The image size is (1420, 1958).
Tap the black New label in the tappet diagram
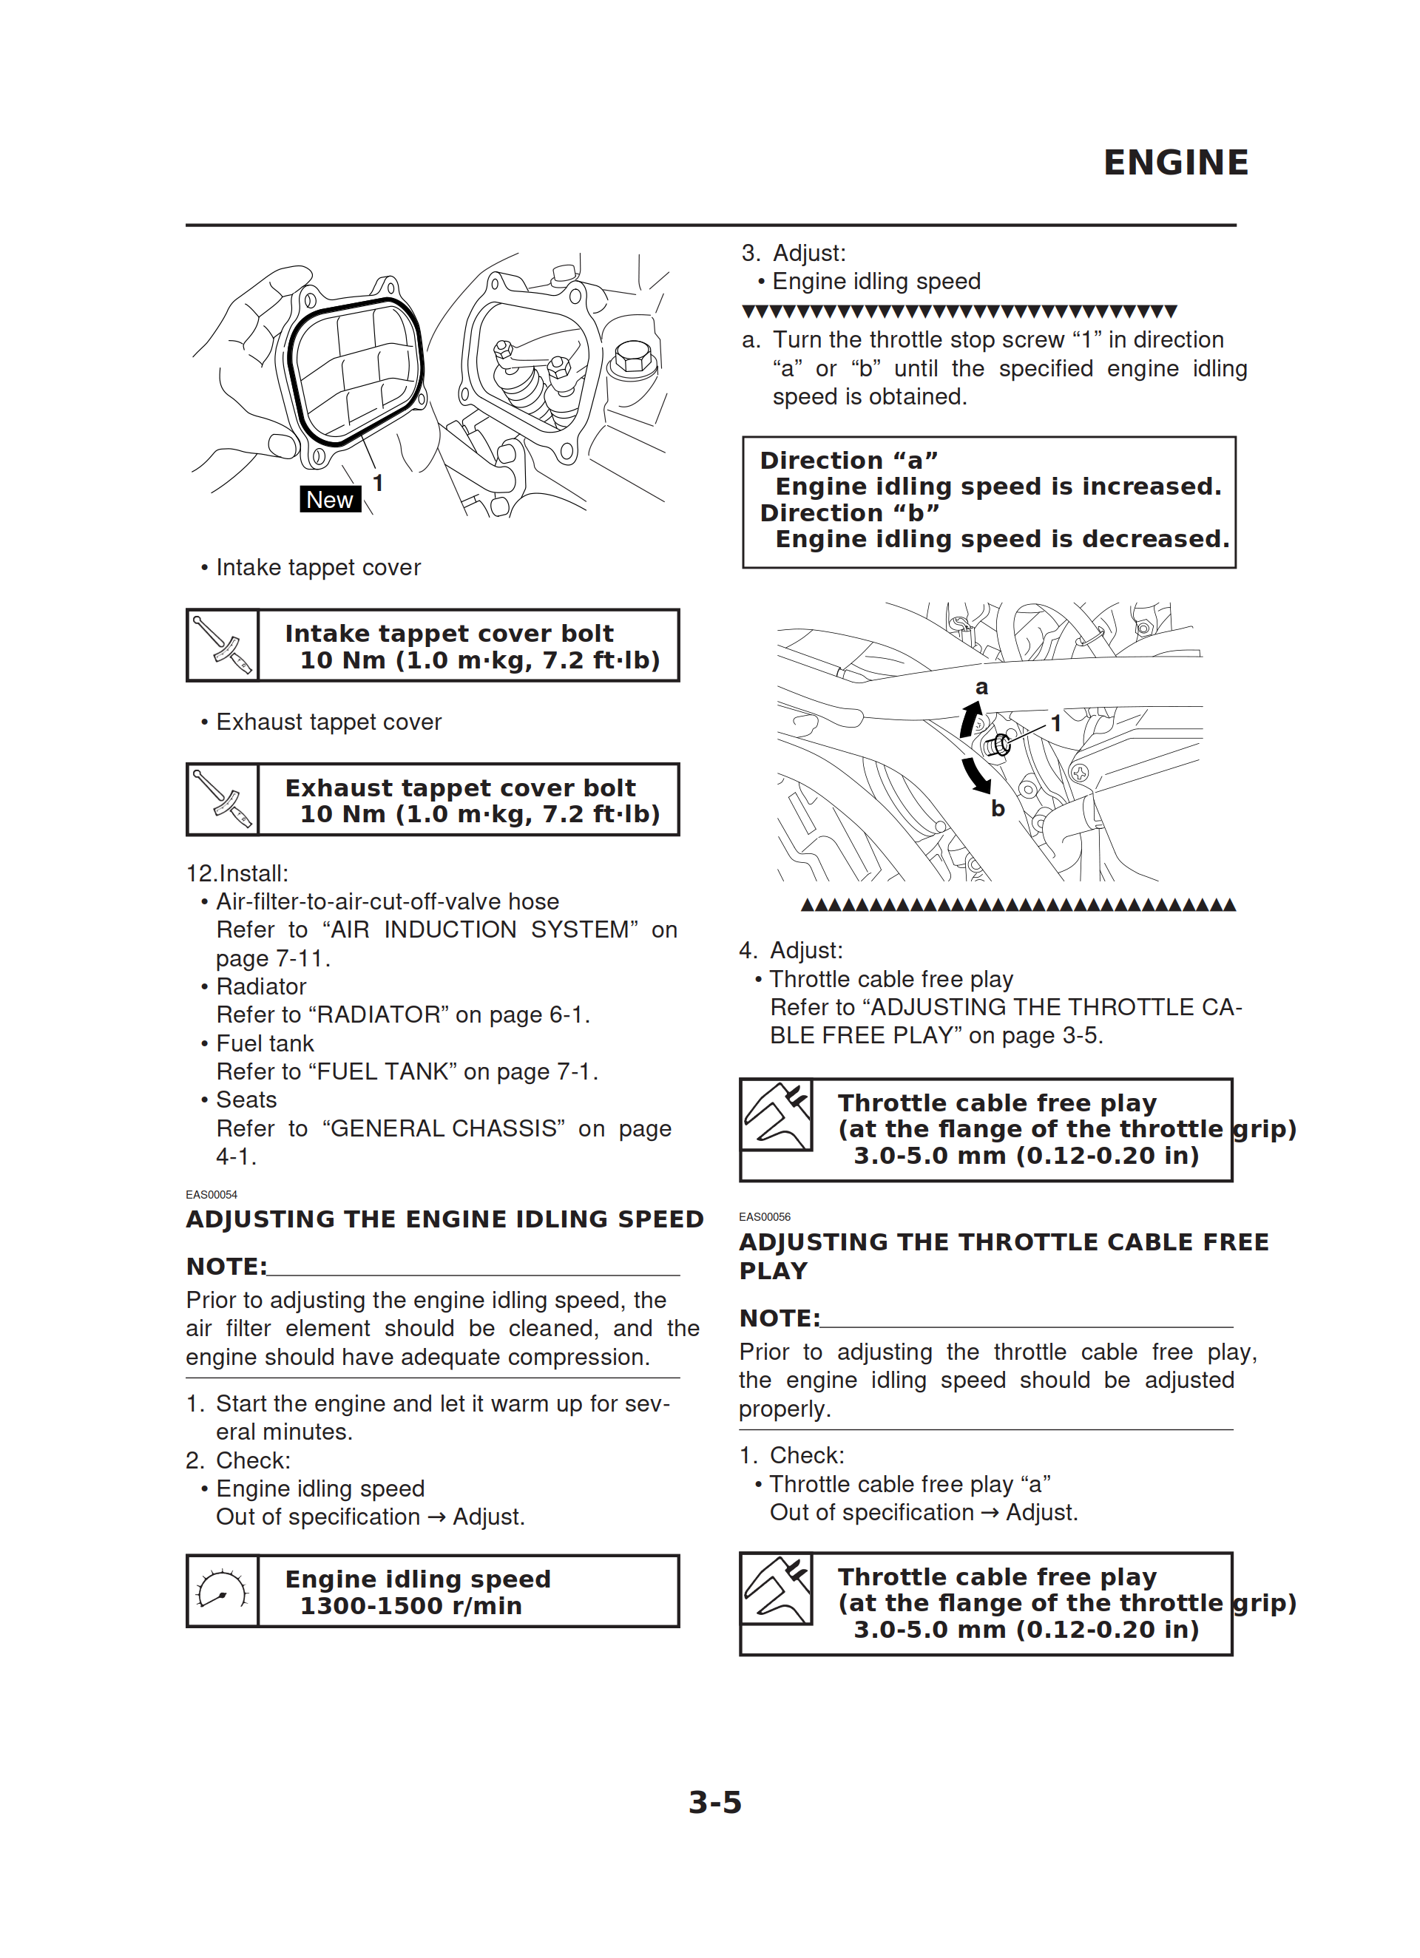coord(329,499)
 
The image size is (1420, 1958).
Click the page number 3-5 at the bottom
coord(714,1803)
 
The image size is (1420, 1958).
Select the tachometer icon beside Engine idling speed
coord(222,1591)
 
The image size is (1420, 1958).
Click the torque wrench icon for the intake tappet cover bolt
coord(222,645)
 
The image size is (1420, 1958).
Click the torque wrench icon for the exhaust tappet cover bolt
coord(222,799)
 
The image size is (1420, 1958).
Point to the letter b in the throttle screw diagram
coord(998,809)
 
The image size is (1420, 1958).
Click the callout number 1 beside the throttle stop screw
coord(1055,723)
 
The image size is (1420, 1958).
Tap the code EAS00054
coord(212,1195)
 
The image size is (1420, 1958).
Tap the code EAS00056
coord(765,1216)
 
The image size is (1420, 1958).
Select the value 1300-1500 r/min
coord(411,1606)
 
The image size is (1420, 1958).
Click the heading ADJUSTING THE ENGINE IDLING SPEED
coord(444,1219)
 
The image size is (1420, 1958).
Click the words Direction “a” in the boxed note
coord(848,460)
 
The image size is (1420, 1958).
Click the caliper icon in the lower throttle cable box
coord(777,1589)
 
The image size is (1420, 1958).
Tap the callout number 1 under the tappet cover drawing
coord(377,483)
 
